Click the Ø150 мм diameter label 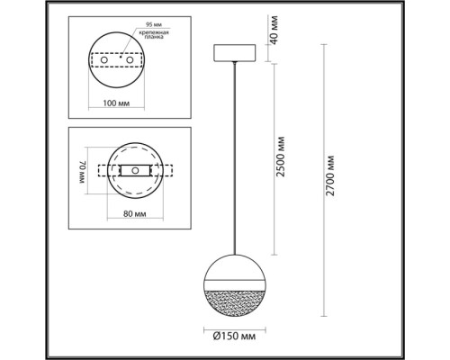[x=232, y=337]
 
